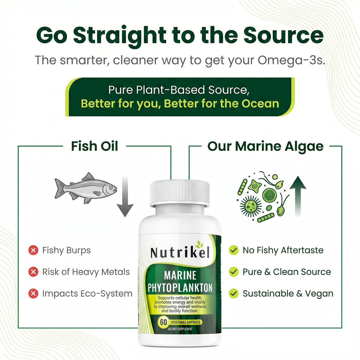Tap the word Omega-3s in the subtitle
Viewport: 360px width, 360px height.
pos(291,61)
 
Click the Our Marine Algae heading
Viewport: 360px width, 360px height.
pos(265,146)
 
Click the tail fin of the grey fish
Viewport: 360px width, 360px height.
pos(59,188)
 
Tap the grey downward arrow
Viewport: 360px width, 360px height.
pos(125,196)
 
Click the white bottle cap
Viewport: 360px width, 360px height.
pos(180,193)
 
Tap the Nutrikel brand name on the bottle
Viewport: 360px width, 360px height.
pos(180,252)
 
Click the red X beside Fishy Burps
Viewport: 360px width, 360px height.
pos(33,250)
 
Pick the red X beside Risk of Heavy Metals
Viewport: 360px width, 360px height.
pos(33,272)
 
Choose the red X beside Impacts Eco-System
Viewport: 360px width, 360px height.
pos(33,293)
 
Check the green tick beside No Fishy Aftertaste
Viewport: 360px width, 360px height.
pos(233,250)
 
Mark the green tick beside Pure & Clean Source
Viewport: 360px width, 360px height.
pos(233,272)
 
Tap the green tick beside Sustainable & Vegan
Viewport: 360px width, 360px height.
pos(233,293)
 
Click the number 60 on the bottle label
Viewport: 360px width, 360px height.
pos(163,322)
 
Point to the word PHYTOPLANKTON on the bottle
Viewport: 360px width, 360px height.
pos(180,288)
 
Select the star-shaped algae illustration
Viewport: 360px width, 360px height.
pos(255,186)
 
